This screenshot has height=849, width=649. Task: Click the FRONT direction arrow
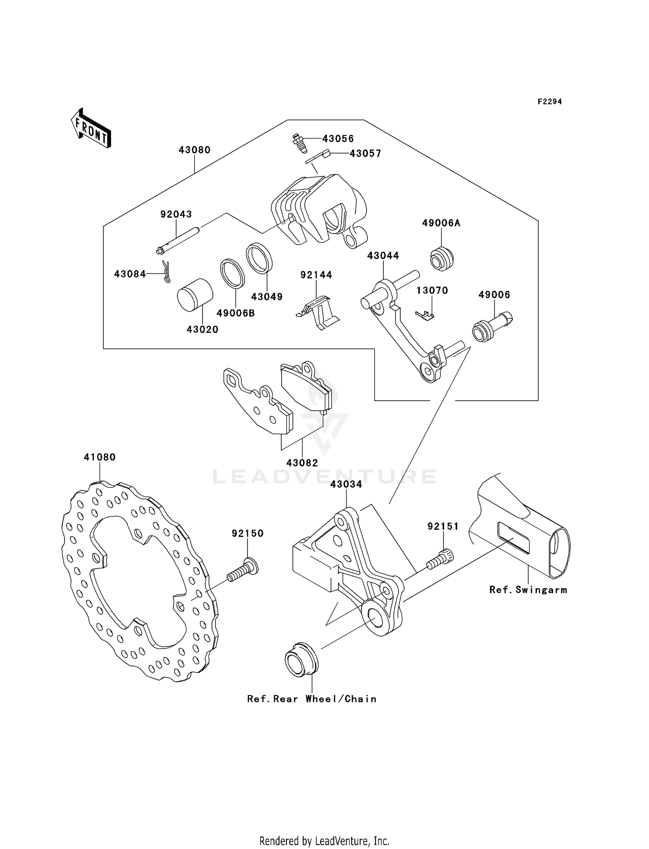point(91,129)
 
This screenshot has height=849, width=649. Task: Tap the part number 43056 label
point(338,139)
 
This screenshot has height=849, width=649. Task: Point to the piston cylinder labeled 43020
point(195,295)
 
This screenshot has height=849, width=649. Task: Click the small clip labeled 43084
point(166,272)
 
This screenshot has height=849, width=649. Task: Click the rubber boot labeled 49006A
point(442,258)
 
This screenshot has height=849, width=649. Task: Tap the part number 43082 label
point(302,463)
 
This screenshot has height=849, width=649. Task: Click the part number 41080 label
point(100,457)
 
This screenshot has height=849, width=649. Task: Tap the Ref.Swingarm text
point(528,590)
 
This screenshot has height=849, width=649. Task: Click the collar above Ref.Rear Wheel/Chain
point(301,661)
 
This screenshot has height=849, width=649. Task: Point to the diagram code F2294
point(549,102)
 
